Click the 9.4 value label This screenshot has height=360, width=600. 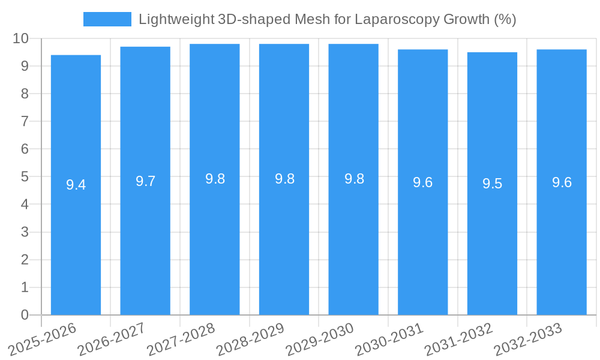pyautogui.click(x=76, y=185)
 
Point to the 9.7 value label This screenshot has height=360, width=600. pyautogui.click(x=145, y=181)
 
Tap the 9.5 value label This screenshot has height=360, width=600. pyautogui.click(x=492, y=184)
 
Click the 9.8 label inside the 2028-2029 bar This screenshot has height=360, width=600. pyautogui.click(x=284, y=179)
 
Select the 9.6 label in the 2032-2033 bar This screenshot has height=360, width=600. pyautogui.click(x=562, y=182)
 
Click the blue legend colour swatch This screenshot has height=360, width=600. pyautogui.click(x=107, y=19)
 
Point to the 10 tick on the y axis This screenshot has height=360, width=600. pyautogui.click(x=21, y=38)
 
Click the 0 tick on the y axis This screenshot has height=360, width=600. pyautogui.click(x=25, y=315)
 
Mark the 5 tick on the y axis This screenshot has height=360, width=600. pyautogui.click(x=25, y=177)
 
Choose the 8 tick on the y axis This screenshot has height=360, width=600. pyautogui.click(x=25, y=94)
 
